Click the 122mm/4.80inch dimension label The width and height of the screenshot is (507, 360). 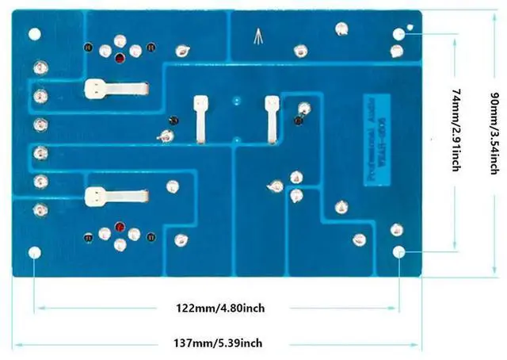(x=220, y=308)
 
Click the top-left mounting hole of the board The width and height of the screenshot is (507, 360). (x=34, y=33)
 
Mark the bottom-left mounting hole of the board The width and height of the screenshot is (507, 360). (x=34, y=253)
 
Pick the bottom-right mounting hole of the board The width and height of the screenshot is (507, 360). (x=399, y=253)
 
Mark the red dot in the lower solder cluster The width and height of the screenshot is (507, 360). (x=119, y=227)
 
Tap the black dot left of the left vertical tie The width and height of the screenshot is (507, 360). (x=173, y=120)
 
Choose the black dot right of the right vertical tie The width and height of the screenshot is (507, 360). (x=298, y=121)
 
